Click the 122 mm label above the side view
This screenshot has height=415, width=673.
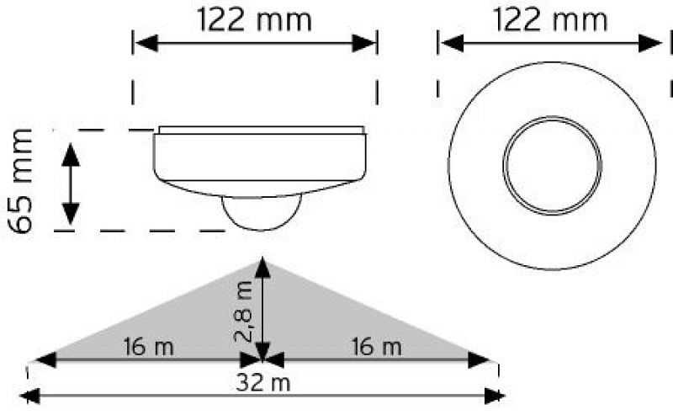point(254,19)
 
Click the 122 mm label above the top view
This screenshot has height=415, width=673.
point(551,19)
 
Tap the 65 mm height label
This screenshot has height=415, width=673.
point(20,181)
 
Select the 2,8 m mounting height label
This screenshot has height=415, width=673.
point(243,314)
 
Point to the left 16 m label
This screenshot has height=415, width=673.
point(149,347)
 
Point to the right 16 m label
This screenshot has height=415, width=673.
point(376,347)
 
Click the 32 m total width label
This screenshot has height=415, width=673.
point(262,383)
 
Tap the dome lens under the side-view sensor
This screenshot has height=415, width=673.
point(262,213)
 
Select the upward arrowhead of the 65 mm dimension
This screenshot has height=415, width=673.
point(71,155)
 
